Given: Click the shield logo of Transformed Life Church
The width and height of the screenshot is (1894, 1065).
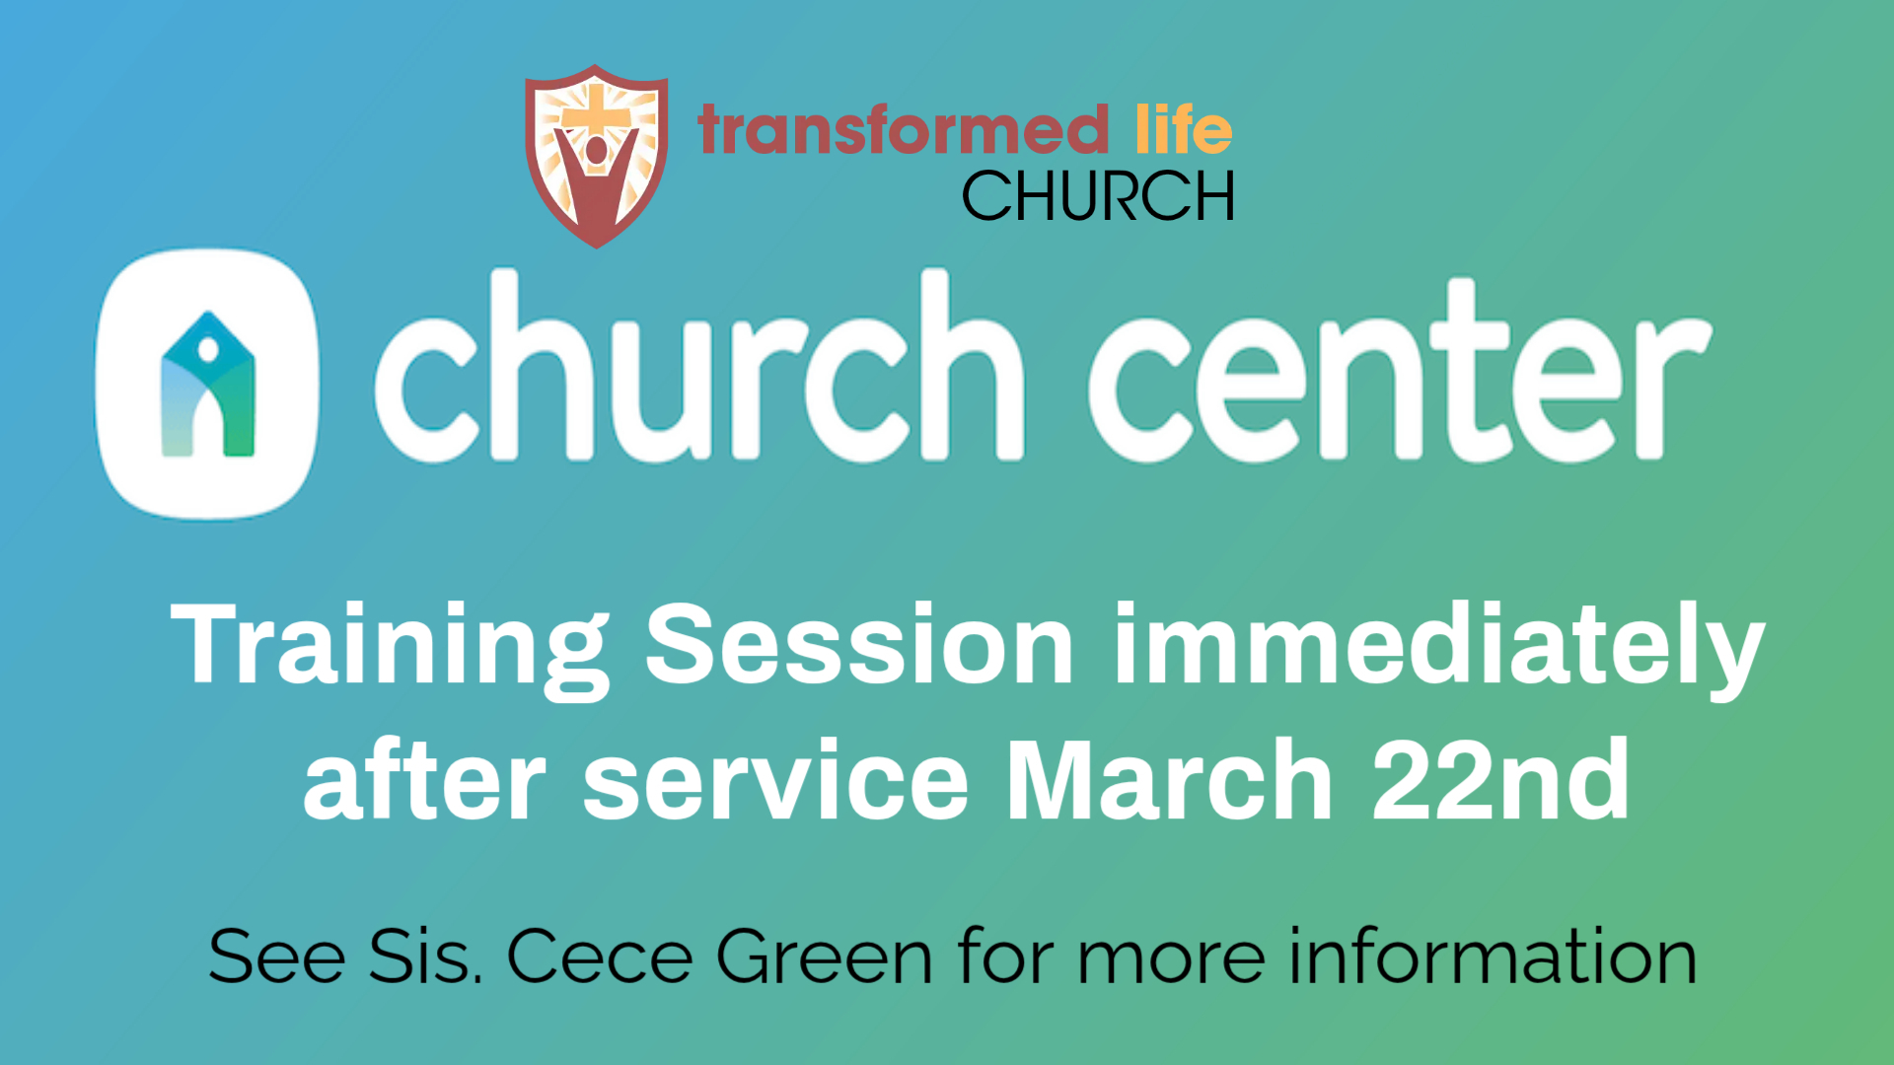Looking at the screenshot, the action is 597,156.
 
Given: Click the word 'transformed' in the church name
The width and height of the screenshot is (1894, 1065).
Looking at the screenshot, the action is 904,130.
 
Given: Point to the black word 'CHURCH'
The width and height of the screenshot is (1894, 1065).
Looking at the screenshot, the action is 1098,195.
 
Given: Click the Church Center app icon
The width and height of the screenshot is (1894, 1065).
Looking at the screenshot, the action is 207,384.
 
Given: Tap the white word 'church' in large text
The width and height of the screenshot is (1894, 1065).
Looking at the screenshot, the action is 698,366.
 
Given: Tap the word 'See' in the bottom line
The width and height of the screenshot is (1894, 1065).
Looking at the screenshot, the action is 277,956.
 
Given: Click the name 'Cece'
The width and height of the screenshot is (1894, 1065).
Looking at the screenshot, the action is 600,957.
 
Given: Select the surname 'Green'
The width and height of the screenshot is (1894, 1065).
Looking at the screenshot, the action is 825,956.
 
